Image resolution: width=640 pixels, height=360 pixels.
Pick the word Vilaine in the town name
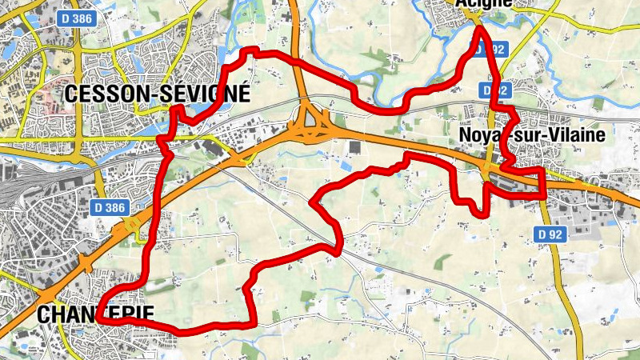(577, 135)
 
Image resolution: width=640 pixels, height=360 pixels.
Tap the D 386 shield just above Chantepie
(108, 208)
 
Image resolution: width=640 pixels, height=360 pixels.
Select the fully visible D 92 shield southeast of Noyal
(550, 232)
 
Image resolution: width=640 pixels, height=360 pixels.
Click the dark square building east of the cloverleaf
(355, 147)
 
